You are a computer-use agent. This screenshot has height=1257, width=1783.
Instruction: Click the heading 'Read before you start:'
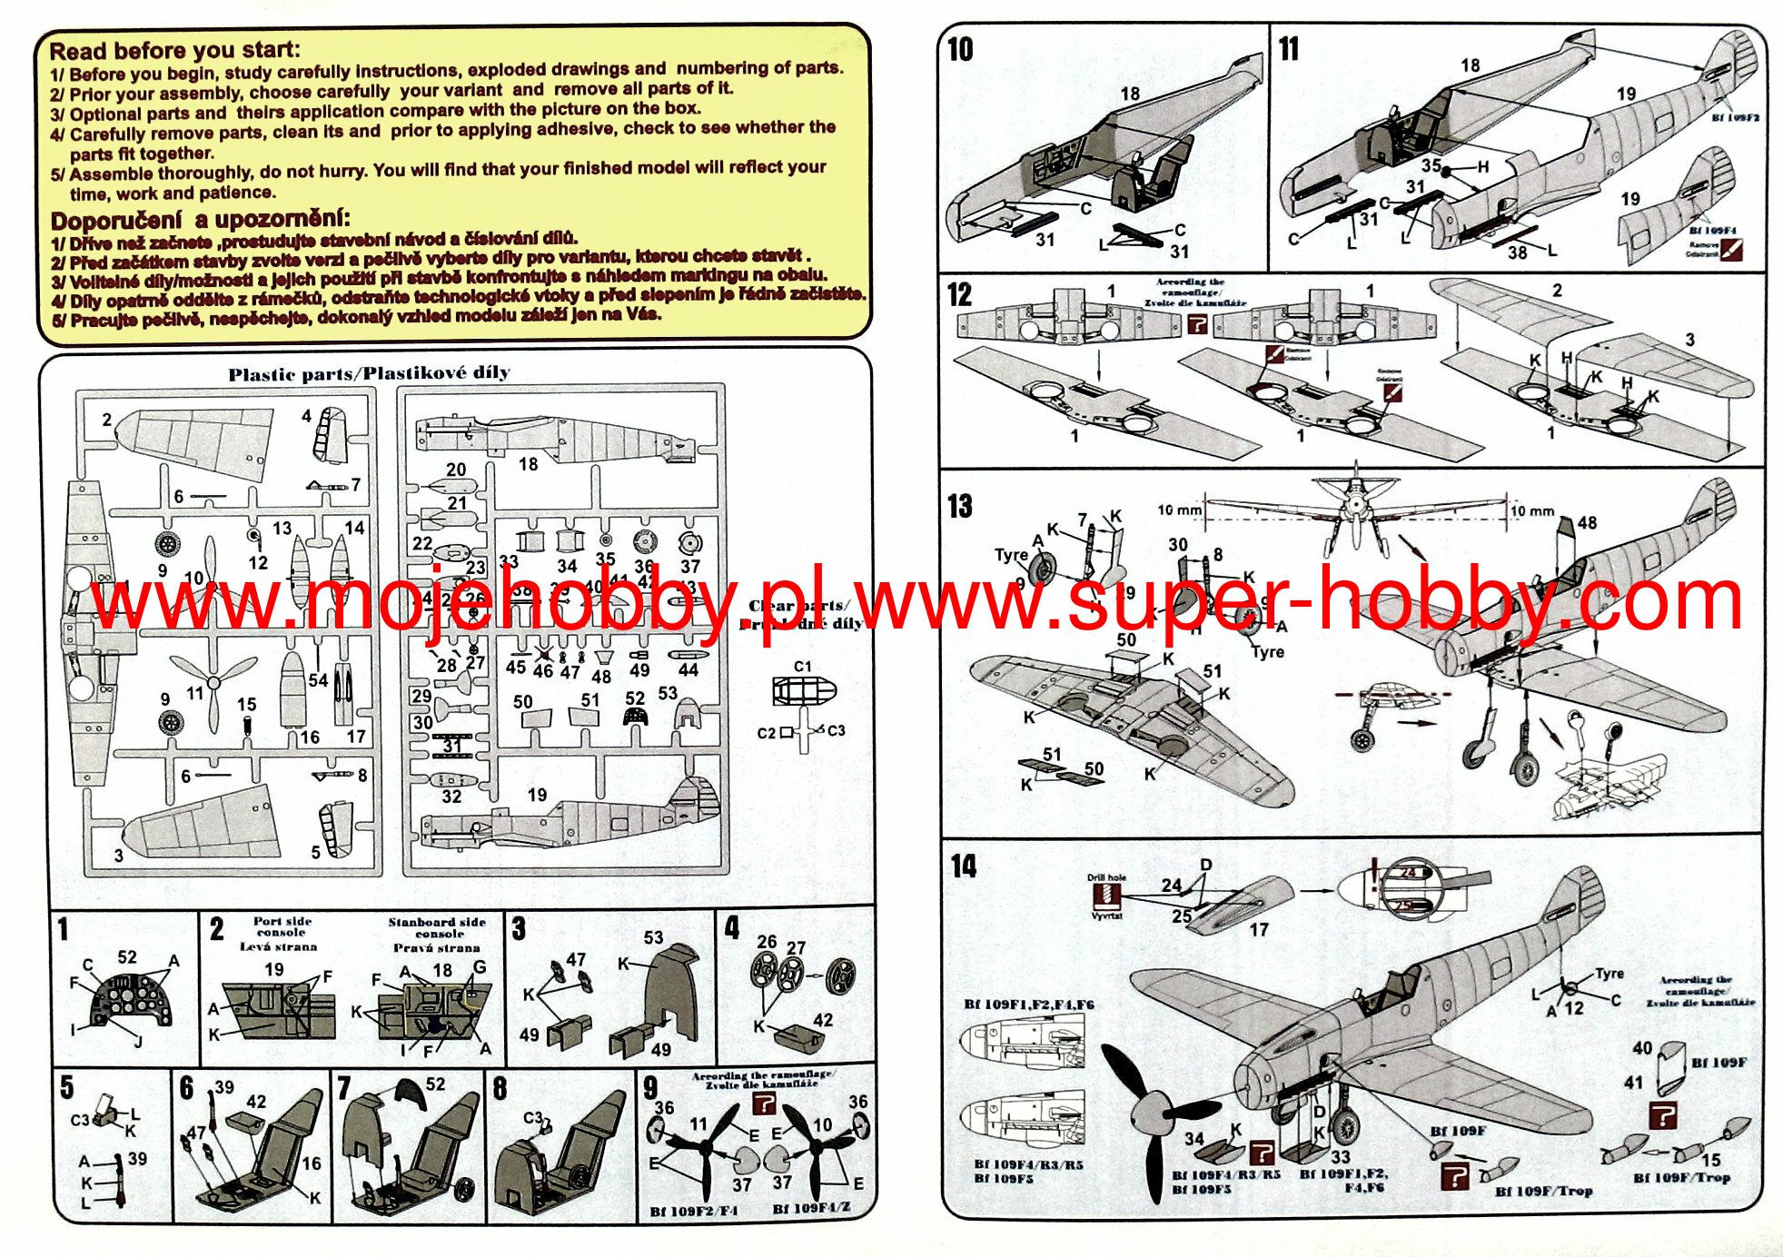coord(173,50)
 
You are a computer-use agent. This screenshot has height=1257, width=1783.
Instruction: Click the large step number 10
coord(960,49)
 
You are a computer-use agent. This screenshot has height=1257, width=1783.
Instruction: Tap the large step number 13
coord(959,505)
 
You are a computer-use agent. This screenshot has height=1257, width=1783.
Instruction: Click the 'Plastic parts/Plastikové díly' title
coord(369,373)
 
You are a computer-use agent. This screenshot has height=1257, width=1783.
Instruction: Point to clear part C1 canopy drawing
coord(802,691)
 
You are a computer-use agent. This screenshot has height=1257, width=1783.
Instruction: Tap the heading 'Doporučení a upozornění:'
coord(200,220)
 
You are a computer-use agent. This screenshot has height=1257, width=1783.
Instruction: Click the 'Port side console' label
coord(281,927)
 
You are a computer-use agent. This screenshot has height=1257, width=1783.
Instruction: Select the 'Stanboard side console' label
coord(437,928)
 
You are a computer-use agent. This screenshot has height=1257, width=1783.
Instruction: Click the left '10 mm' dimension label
coord(1178,510)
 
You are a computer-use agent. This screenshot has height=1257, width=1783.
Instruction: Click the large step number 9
coord(649,1086)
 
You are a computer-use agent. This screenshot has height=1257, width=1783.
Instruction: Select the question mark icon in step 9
coord(765,1104)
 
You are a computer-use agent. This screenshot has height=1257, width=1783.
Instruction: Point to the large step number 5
coord(66,1087)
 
